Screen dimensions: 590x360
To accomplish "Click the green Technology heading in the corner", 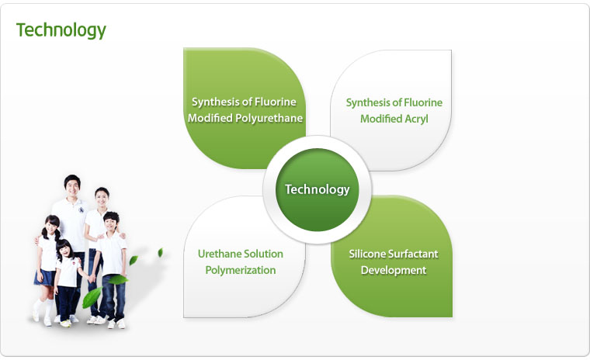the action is click(61, 30).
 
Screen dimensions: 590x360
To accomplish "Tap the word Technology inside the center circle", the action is click(318, 189).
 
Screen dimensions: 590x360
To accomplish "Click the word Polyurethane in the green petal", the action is click(269, 119).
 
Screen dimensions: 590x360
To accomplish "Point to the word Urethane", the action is click(216, 254).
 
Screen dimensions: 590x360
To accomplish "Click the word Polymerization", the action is click(241, 271).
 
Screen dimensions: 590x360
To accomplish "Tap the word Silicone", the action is click(363, 254).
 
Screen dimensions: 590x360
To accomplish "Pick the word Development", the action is click(394, 271).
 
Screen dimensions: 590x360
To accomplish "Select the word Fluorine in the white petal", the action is click(423, 102).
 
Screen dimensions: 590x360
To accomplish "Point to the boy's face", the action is click(110, 223).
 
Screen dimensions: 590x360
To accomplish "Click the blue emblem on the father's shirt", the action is click(82, 210).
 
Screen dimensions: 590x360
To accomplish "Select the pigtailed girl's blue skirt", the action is click(45, 278).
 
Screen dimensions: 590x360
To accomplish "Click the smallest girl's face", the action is click(66, 251).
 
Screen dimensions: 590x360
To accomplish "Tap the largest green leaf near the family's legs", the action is click(92, 297).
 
